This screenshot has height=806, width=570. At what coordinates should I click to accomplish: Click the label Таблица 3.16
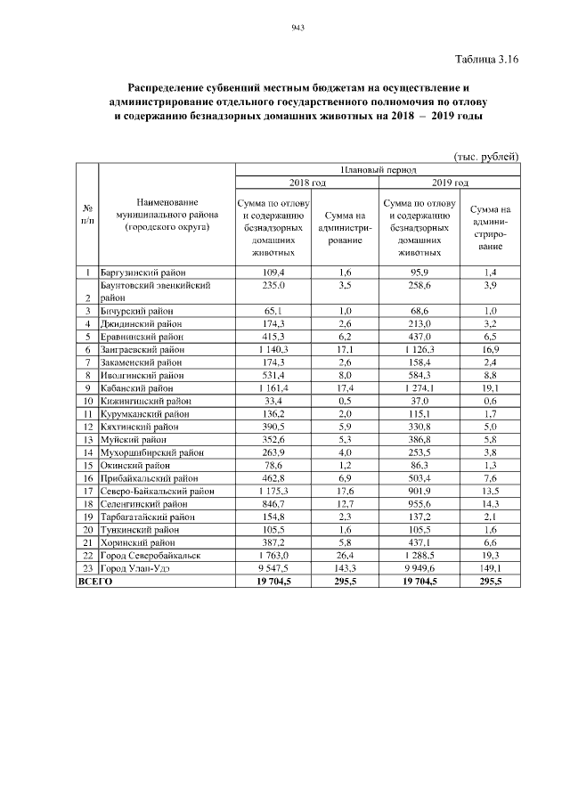[x=486, y=60]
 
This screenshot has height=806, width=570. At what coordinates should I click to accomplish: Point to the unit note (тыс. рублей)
[x=486, y=156]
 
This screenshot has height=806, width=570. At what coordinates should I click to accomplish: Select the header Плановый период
[x=378, y=168]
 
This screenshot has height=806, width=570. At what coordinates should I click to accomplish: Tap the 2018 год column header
[x=307, y=183]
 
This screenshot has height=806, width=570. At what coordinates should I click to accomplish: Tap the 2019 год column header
[x=451, y=183]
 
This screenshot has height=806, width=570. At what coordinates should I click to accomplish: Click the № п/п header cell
[x=86, y=215]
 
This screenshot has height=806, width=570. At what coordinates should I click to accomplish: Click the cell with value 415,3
[x=271, y=338]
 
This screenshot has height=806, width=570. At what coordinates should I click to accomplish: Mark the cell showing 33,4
[x=271, y=402]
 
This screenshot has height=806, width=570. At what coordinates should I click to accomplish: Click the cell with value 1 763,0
[x=271, y=554]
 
